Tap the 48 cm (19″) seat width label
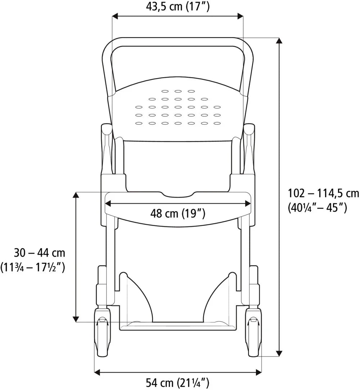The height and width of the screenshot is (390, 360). pos(177,213)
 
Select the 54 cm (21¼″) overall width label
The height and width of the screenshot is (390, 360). pos(177,382)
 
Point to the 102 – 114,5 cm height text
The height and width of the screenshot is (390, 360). pos(324,193)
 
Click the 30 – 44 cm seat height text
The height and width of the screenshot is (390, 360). pos(39,253)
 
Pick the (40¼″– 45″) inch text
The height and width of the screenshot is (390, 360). pos(317,208)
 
